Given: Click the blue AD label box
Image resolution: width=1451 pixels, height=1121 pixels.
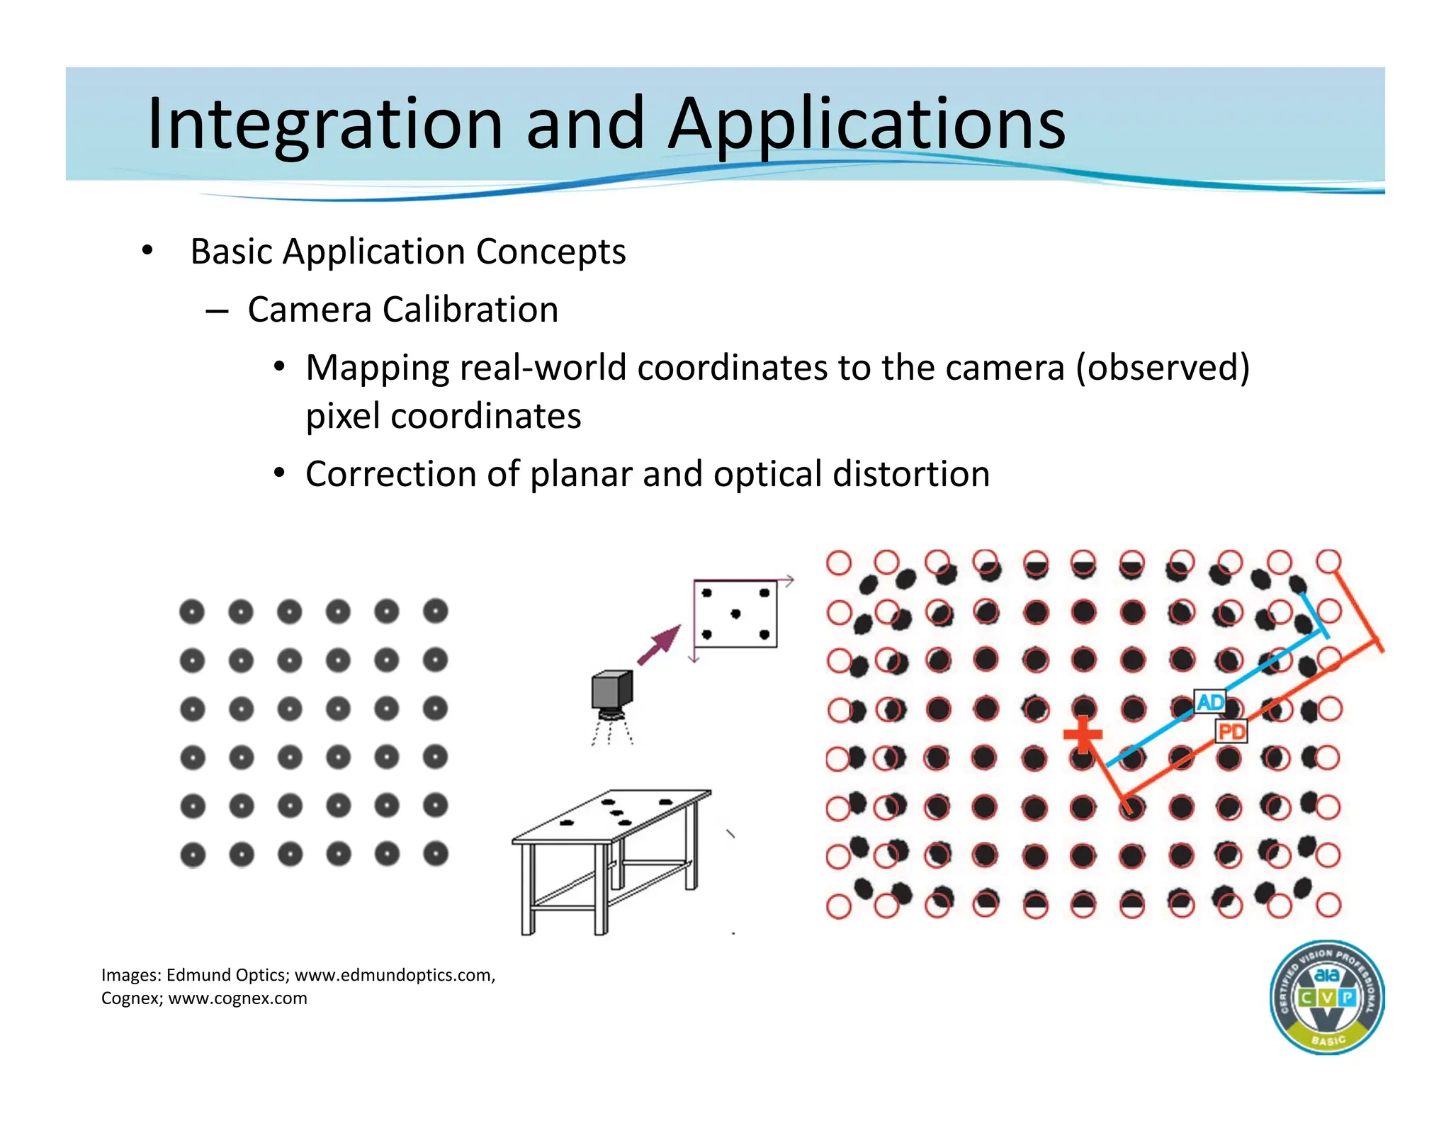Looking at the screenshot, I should pos(1209,702).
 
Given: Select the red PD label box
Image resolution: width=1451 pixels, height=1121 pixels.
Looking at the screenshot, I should pos(1231,731).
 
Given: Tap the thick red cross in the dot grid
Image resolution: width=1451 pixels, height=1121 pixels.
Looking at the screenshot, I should pos(1083,735).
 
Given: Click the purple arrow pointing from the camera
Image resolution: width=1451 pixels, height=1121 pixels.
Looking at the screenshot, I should pos(660,645).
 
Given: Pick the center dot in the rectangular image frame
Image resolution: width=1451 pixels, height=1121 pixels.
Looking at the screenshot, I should pos(735,614).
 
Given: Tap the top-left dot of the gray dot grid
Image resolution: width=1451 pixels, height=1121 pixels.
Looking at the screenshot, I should pos(192,612).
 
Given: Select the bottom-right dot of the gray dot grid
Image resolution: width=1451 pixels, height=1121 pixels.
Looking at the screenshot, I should pos(436,854).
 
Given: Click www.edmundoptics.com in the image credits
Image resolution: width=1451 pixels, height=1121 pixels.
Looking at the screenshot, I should pos(394,975).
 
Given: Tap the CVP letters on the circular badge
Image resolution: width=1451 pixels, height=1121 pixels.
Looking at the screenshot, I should pos(1326,998).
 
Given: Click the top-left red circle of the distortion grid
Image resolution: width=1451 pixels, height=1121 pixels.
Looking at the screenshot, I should pos(839,563).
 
